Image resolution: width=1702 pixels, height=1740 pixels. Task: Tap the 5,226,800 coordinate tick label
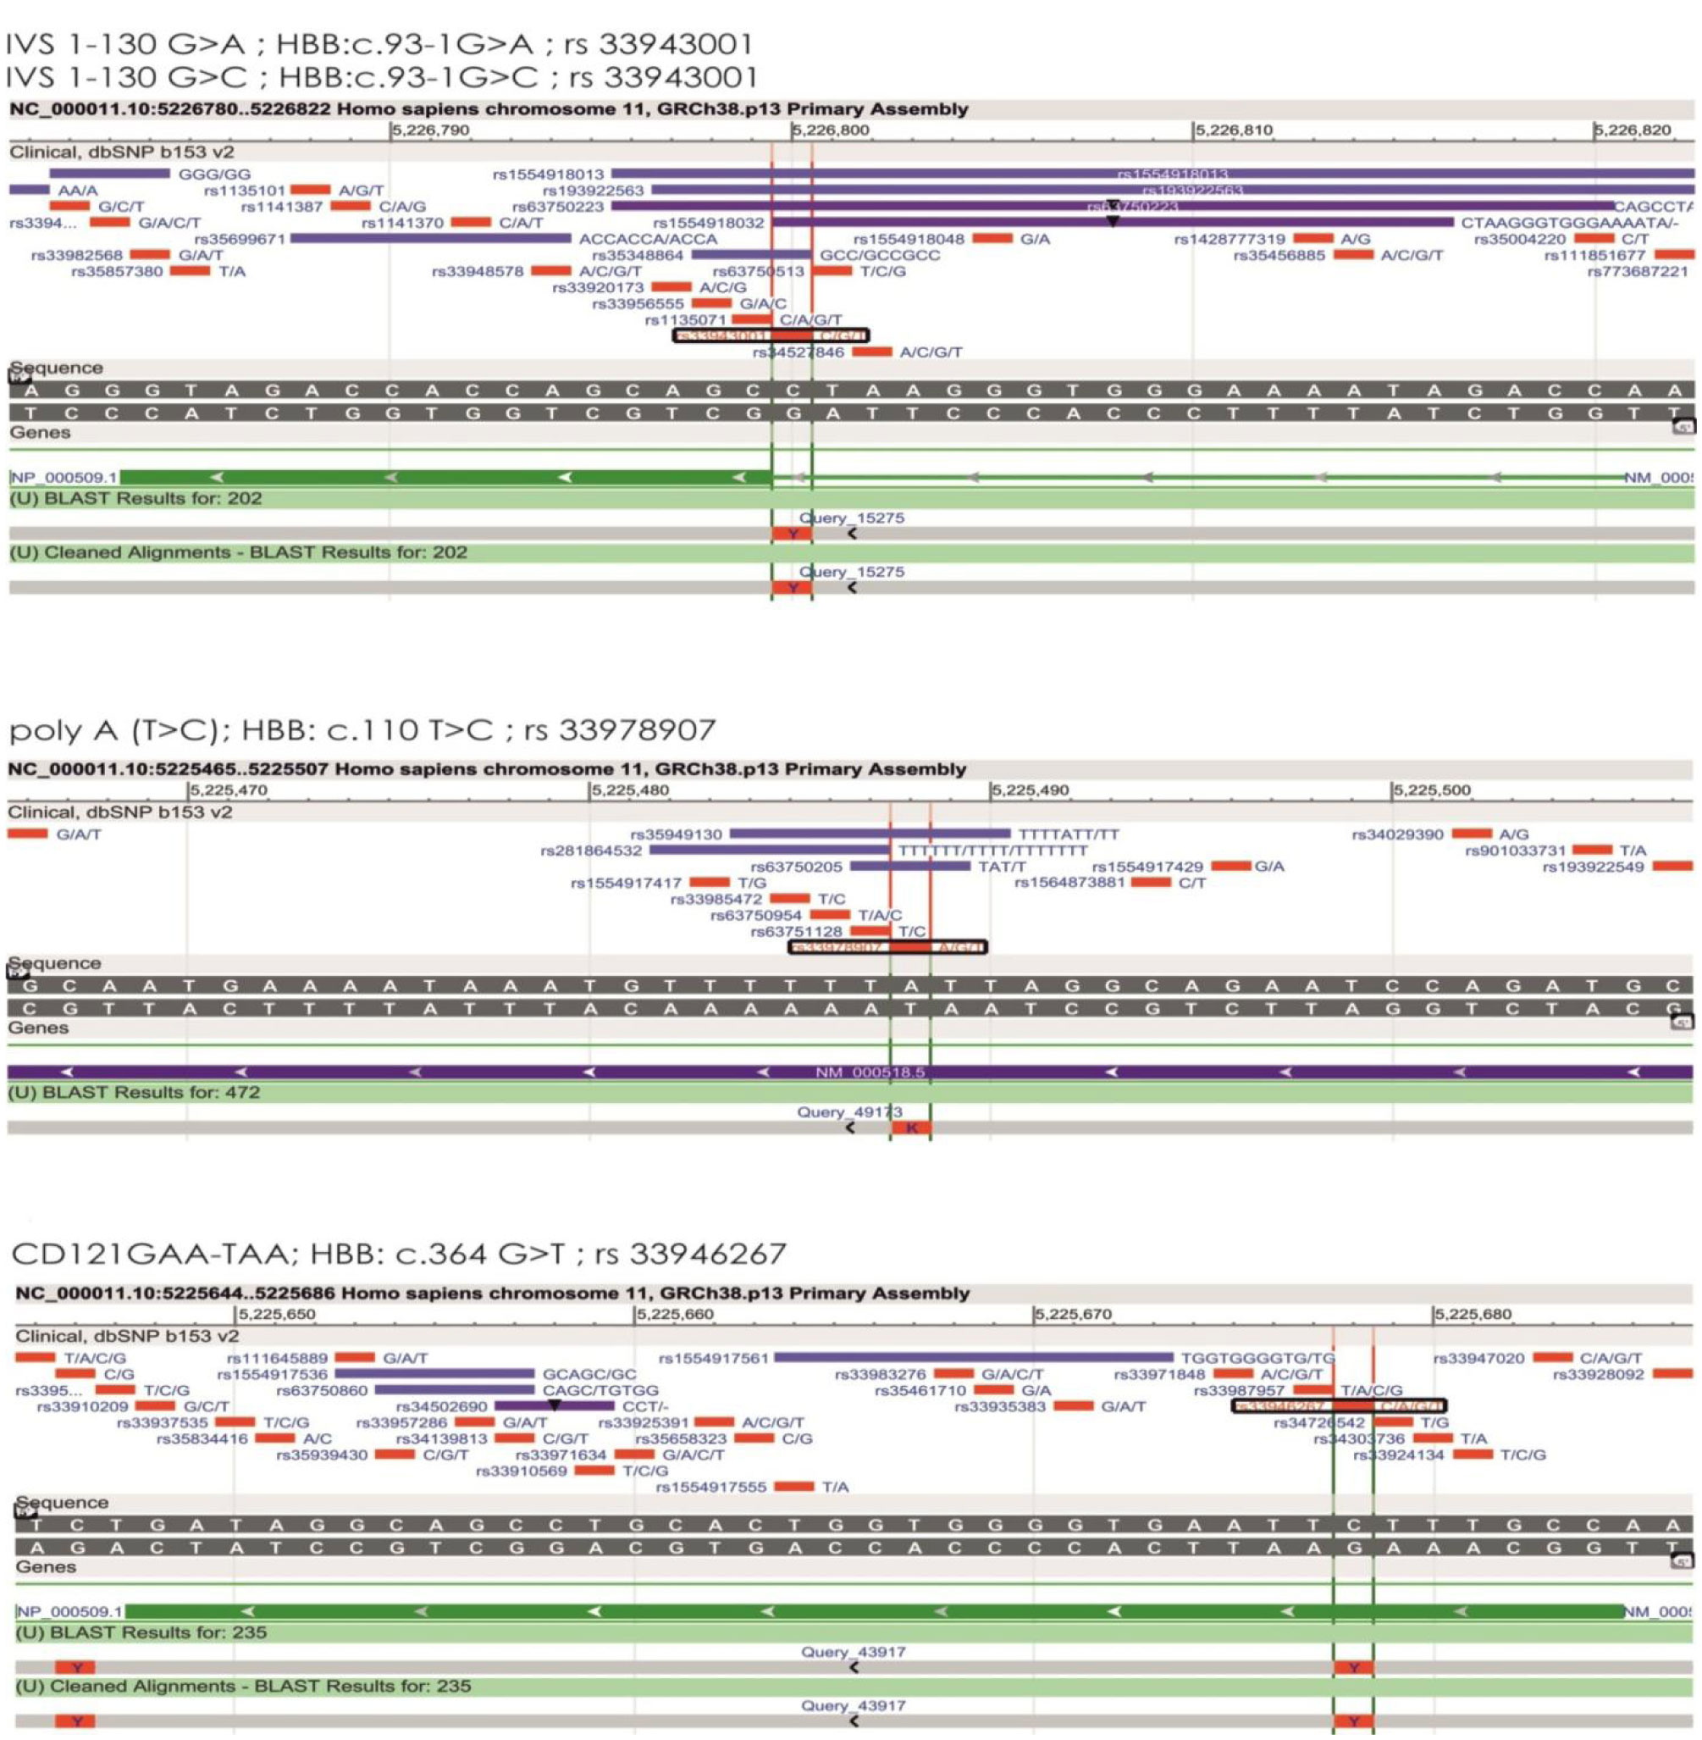click(831, 130)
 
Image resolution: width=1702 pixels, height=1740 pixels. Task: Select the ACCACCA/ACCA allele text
click(647, 239)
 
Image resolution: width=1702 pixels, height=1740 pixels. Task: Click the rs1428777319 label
click(1230, 239)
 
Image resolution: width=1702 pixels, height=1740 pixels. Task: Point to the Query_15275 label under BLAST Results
click(851, 518)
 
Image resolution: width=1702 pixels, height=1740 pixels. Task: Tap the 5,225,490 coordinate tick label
click(1030, 790)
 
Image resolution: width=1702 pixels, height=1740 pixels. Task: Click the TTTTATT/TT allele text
click(1069, 834)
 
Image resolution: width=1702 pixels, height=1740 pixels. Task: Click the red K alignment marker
click(911, 1128)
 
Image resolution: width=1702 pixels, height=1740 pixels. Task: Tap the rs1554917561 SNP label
click(712, 1358)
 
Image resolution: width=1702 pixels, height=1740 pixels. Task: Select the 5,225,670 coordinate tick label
click(1074, 1315)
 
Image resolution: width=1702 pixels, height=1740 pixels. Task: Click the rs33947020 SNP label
click(1478, 1358)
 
